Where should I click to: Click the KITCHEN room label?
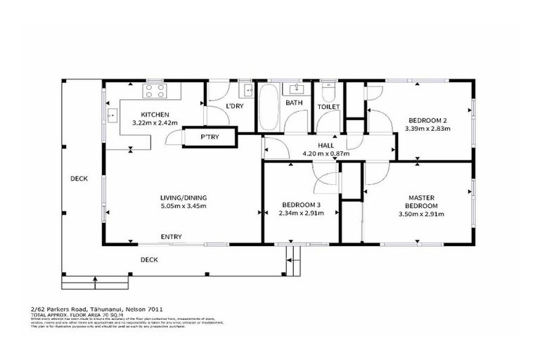(154, 115)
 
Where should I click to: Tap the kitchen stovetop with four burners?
(155, 91)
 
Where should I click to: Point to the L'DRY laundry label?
(234, 106)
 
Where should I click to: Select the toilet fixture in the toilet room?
(328, 93)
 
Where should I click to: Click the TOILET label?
(328, 107)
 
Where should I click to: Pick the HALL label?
(326, 146)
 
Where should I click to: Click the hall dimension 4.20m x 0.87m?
(326, 153)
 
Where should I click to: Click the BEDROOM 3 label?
(300, 205)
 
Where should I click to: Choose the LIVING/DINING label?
(184, 198)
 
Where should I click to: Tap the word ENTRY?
(172, 237)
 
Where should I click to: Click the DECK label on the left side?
(79, 179)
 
